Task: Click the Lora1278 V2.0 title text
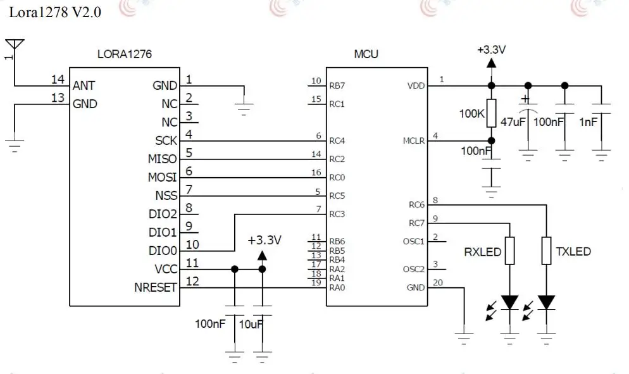pos(55,13)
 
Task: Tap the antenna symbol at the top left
pos(15,45)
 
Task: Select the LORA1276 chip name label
pos(125,54)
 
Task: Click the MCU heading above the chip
pos(366,54)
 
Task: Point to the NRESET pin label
pos(155,287)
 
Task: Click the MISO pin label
pos(162,159)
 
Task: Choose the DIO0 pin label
pos(163,251)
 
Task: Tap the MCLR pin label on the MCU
pos(414,141)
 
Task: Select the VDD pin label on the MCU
pos(416,85)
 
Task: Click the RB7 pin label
pos(337,85)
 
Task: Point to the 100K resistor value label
pos(472,113)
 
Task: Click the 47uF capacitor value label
pos(513,122)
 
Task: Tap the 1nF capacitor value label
pos(588,122)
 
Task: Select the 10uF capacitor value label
pos(251,324)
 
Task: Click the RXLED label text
pos(483,252)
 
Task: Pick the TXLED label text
pos(573,252)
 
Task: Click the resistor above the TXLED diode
pos(546,251)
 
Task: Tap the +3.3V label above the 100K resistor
pos(492,50)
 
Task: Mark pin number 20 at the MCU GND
pos(438,282)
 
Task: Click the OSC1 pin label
pos(414,241)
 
